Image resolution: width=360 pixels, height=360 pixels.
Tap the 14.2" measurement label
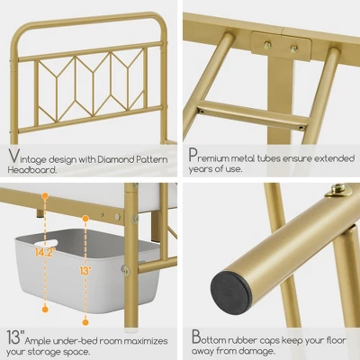45,253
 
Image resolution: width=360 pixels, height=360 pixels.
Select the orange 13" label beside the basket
85,271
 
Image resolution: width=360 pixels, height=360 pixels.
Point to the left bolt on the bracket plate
267,45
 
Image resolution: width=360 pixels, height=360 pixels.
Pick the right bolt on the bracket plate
293,48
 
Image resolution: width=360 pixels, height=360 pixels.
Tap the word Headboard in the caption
32,170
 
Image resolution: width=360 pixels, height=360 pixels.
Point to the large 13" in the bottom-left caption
14,337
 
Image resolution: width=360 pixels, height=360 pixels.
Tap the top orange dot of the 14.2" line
45,196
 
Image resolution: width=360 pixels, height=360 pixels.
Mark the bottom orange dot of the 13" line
85,322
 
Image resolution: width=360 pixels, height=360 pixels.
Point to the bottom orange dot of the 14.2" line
45,309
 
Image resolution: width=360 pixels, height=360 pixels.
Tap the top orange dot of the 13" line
85,219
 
